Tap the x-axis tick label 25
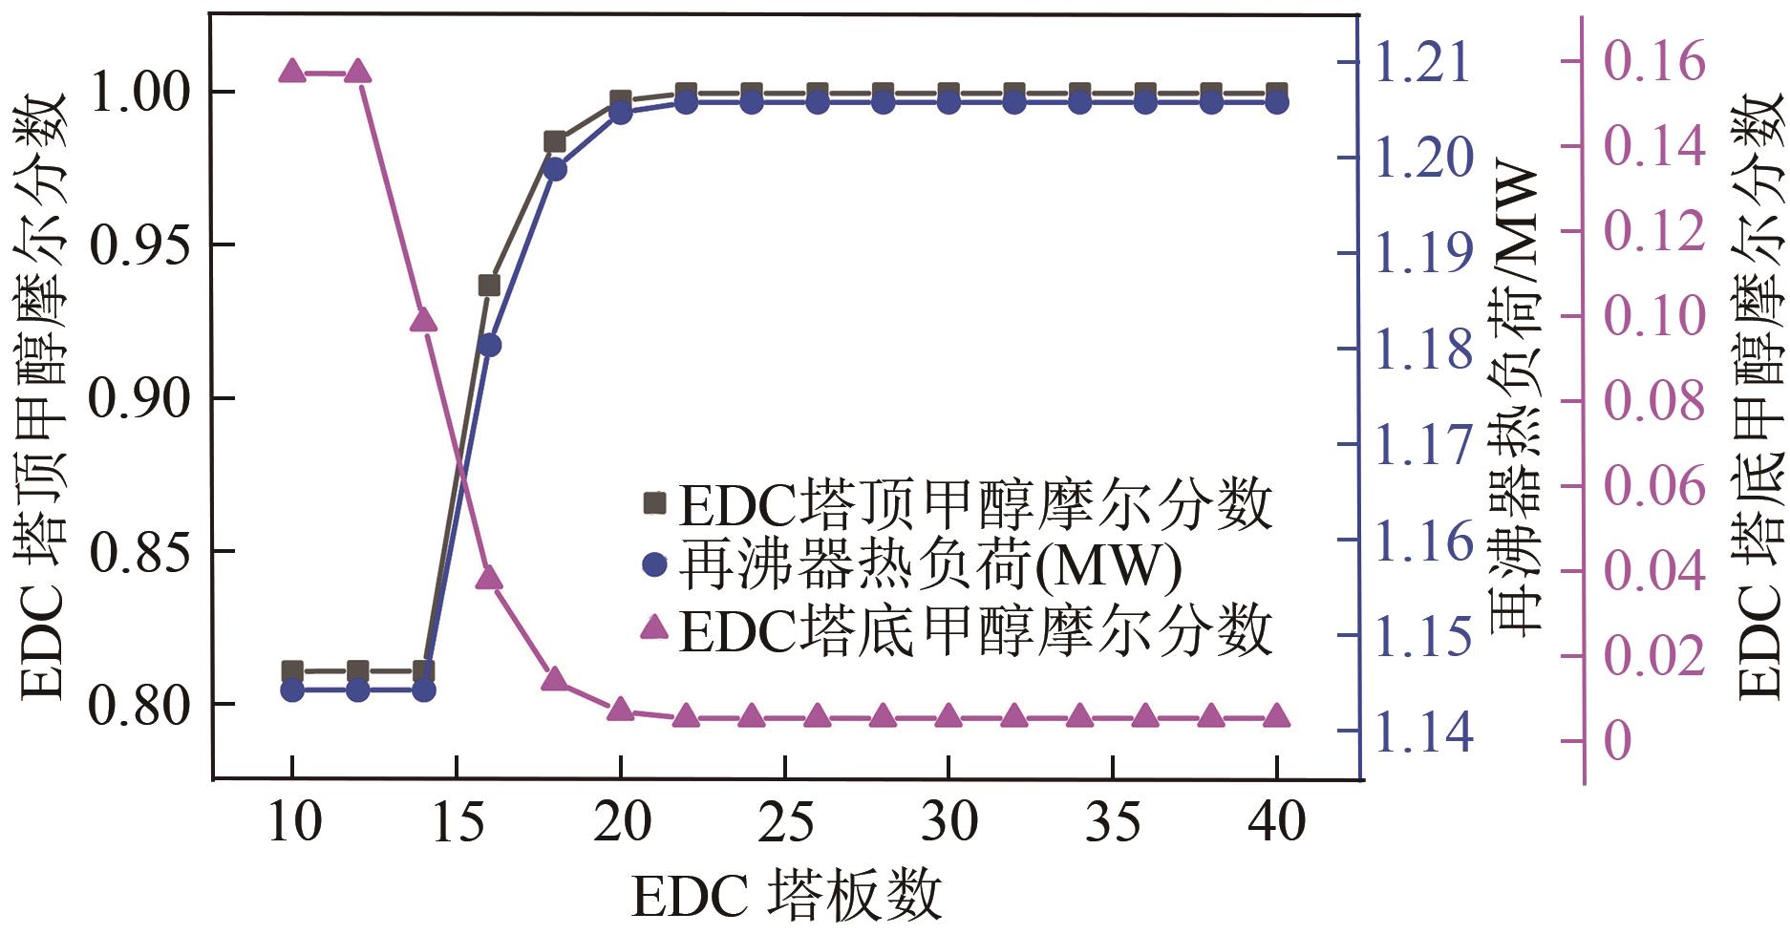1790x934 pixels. pyautogui.click(x=785, y=821)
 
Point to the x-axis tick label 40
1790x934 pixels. pyautogui.click(x=1277, y=821)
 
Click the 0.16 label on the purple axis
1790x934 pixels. pyautogui.click(x=1653, y=61)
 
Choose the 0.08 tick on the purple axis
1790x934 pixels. pyautogui.click(x=1653, y=400)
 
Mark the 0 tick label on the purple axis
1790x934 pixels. pyautogui.click(x=1617, y=740)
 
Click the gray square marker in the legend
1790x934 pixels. pyautogui.click(x=654, y=502)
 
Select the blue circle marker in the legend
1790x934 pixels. pyautogui.click(x=654, y=565)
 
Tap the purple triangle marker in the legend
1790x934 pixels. pyautogui.click(x=654, y=627)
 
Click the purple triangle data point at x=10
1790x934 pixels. pyautogui.click(x=292, y=71)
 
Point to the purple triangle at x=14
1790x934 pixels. pyautogui.click(x=423, y=320)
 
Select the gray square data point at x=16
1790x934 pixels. pyautogui.click(x=489, y=286)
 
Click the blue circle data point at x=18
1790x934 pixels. pyautogui.click(x=555, y=169)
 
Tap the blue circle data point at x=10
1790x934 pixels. pyautogui.click(x=292, y=690)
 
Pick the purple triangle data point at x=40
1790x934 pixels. pyautogui.click(x=1277, y=717)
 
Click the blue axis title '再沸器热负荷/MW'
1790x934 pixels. pyautogui.click(x=1516, y=401)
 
